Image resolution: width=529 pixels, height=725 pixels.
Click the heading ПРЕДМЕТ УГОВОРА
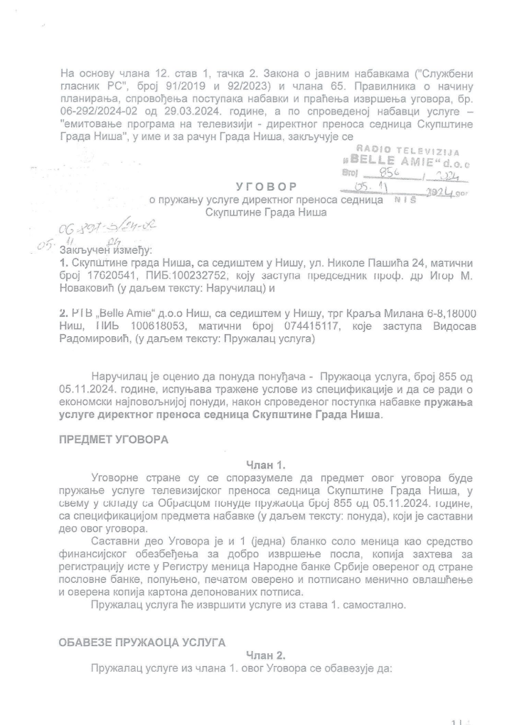[x=114, y=440]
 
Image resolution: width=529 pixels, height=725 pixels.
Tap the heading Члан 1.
[x=265, y=466]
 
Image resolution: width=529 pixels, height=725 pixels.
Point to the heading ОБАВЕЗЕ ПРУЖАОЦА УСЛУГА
[x=142, y=643]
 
